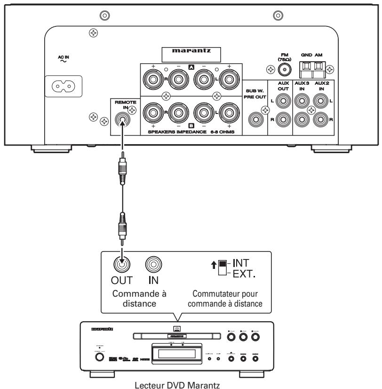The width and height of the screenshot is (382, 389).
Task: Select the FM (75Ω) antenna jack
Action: (x=283, y=70)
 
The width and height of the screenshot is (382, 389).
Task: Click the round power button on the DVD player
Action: (x=99, y=357)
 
